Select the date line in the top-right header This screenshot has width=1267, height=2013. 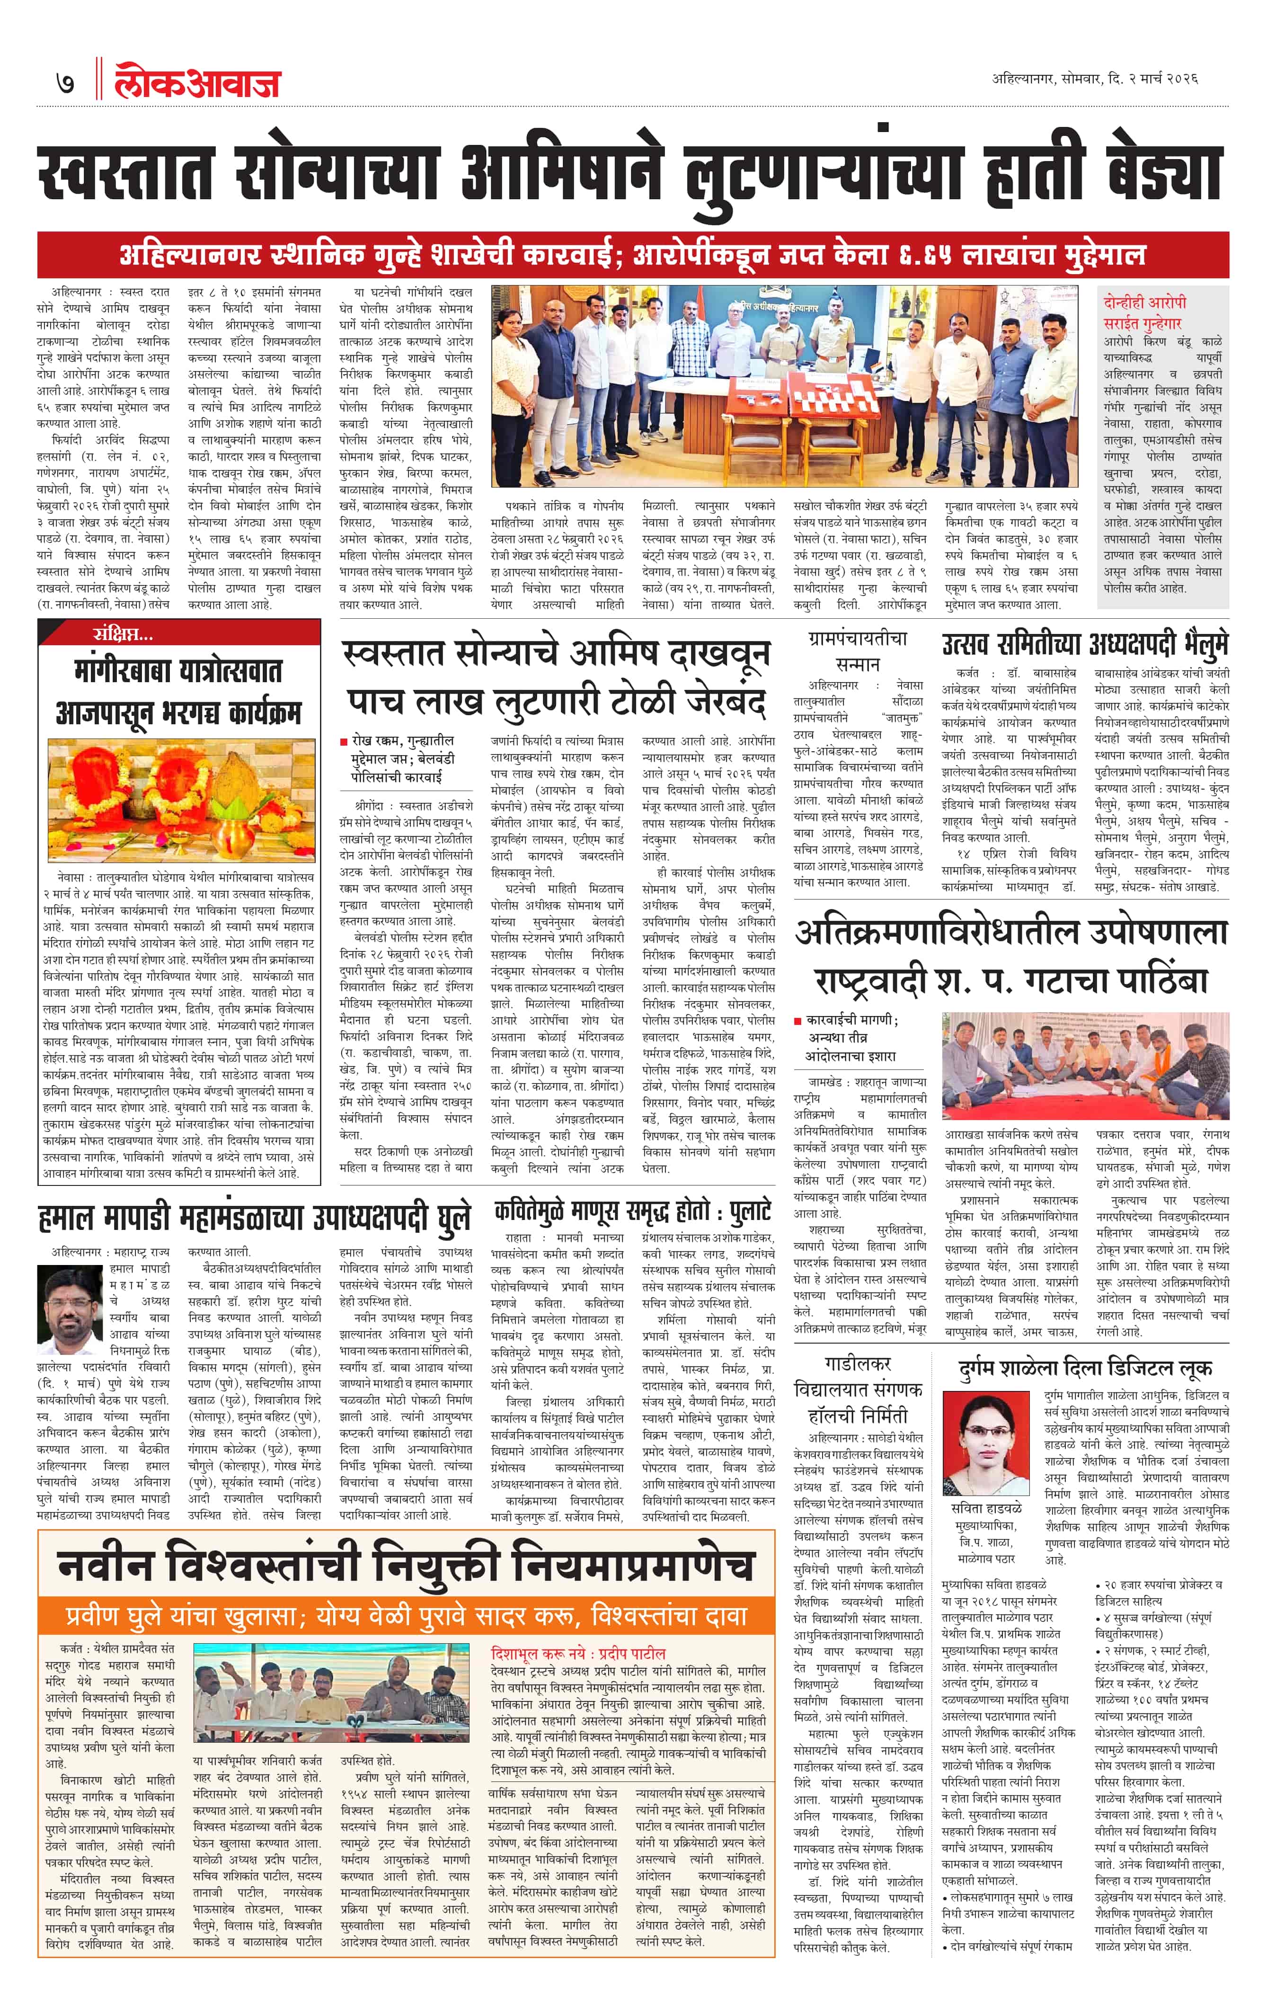[x=1095, y=80]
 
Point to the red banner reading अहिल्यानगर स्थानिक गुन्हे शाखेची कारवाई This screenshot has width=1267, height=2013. [x=633, y=254]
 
